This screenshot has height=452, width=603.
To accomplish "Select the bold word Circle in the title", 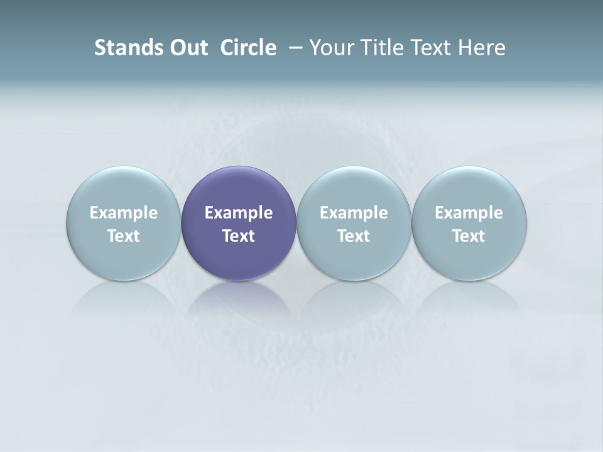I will click(x=248, y=48).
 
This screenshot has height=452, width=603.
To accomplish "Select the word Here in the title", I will click(x=482, y=48).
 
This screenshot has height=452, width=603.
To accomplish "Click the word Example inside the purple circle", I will click(x=239, y=213).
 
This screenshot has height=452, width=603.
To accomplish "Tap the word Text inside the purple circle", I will click(x=239, y=236).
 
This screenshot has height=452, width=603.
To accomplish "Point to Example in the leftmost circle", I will click(x=123, y=213).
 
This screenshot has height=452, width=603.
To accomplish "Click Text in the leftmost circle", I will click(x=123, y=236).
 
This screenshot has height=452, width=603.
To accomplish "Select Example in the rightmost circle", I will click(x=469, y=213).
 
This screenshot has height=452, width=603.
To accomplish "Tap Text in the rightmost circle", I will click(x=469, y=236).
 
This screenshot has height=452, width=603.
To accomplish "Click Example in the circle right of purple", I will click(x=354, y=213).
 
